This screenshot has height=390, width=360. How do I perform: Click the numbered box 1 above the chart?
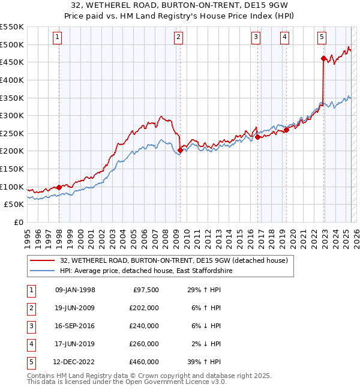[57, 37]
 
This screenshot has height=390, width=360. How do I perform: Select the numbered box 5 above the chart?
[322, 37]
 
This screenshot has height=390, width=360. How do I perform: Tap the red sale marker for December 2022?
[323, 58]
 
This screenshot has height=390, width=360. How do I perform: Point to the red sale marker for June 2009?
[180, 150]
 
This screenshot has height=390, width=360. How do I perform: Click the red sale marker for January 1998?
[59, 187]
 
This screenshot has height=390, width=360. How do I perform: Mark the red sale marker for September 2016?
[257, 137]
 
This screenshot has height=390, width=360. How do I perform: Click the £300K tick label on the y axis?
[12, 115]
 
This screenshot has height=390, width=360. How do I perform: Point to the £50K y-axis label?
[14, 204]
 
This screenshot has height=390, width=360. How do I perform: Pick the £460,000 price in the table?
[145, 362]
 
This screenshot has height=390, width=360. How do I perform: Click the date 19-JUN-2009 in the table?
[75, 308]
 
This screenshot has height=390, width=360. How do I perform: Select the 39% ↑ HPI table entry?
[203, 362]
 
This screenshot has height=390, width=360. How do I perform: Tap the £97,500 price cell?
[145, 290]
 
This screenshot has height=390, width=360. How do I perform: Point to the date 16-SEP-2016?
[75, 326]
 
